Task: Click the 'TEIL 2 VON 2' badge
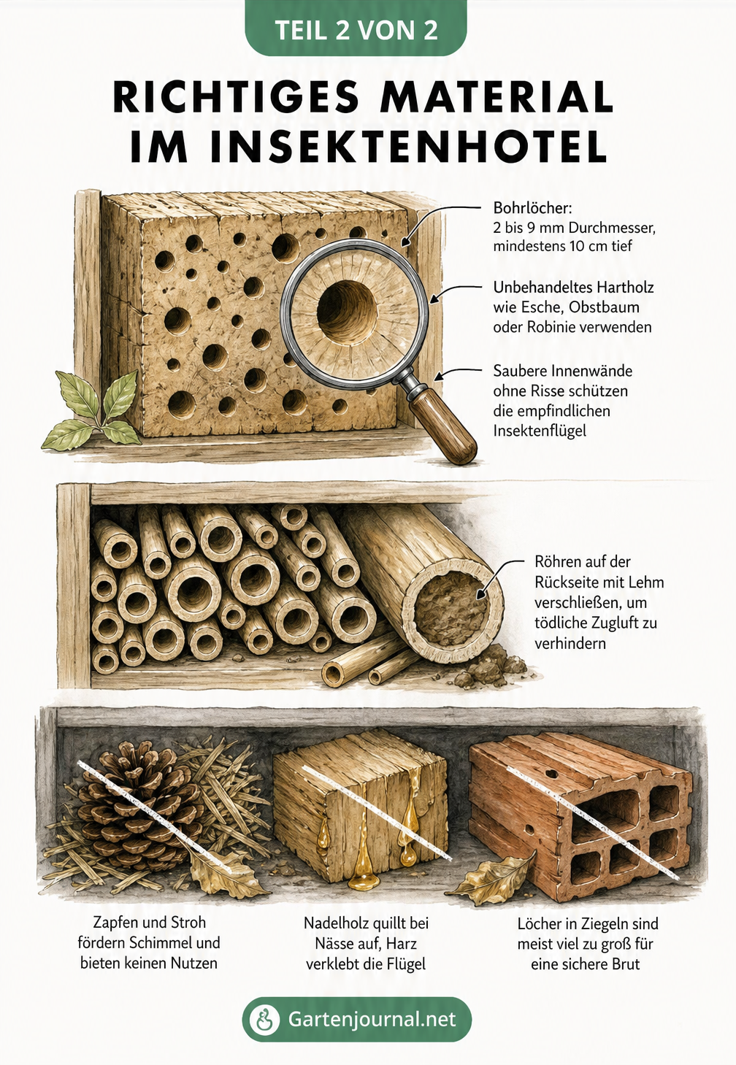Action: pos(356,29)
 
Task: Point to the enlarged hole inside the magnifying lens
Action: pos(347,307)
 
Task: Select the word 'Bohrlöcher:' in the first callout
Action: pos(532,208)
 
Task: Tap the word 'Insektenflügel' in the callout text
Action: pos(540,431)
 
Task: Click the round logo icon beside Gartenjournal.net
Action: pos(264,1019)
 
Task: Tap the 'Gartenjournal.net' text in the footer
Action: pos(372,1019)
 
